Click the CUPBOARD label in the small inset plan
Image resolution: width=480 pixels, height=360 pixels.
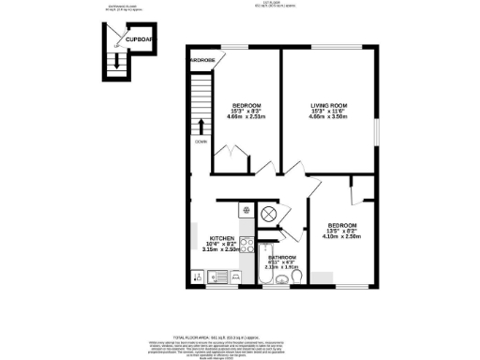[x=142, y=41]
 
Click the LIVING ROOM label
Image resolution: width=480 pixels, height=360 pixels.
[x=330, y=104]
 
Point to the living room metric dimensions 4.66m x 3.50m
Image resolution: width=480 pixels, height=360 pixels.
[x=330, y=117]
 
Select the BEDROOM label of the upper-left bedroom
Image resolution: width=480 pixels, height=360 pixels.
[x=247, y=104]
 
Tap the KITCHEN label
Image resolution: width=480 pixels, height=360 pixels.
[x=221, y=238]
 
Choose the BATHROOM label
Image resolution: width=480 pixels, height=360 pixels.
[x=282, y=258]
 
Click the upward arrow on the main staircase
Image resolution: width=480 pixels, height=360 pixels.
[x=200, y=126]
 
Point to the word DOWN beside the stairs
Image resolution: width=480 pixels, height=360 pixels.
[x=201, y=142]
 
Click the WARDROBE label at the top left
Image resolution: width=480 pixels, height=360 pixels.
[x=202, y=61]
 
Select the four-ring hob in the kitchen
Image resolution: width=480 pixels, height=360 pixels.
[x=247, y=247]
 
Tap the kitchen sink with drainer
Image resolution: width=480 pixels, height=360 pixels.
[x=210, y=277]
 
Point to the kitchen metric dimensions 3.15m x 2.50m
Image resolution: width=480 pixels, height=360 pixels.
[x=221, y=251]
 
